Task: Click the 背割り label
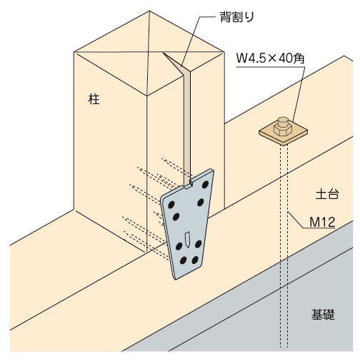pos(236,17)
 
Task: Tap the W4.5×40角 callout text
pos(270,59)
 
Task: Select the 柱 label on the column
pos(94,99)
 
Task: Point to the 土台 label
pos(327,194)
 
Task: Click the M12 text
pos(322,222)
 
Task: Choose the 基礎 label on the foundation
pos(323,314)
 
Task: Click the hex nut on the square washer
pos(283,130)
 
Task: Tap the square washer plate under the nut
pos(284,133)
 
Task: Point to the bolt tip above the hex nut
pos(283,121)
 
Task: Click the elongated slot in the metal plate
pos(187,240)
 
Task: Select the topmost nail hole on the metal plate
pos(205,184)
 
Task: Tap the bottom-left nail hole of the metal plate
pos(183,260)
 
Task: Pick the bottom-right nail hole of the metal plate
pos(195,260)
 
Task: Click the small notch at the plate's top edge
pos(191,183)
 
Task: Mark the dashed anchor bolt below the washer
pos(284,246)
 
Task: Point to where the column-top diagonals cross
pos(149,51)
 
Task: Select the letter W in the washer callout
pos(241,59)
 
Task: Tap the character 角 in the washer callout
pos(299,59)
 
